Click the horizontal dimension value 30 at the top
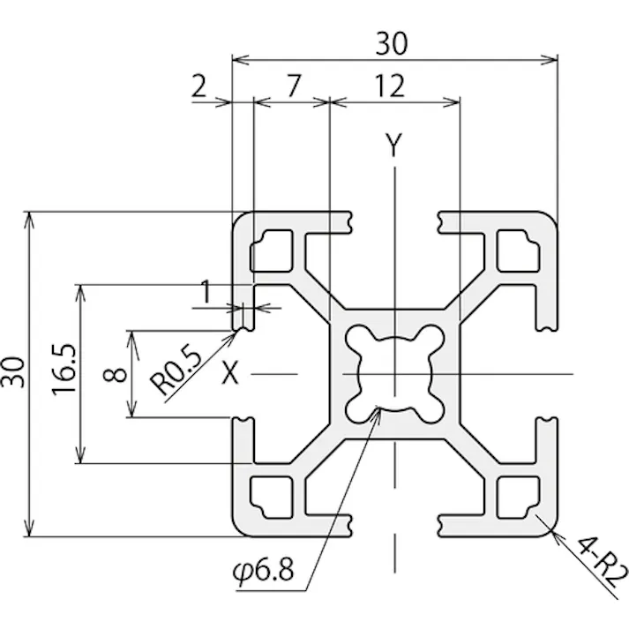[x=394, y=42]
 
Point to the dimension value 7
[x=295, y=86]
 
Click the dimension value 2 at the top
[x=198, y=86]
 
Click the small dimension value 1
[x=206, y=292]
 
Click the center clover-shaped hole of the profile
[x=394, y=374]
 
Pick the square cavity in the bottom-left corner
[x=273, y=499]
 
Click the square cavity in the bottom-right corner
[x=516, y=499]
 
